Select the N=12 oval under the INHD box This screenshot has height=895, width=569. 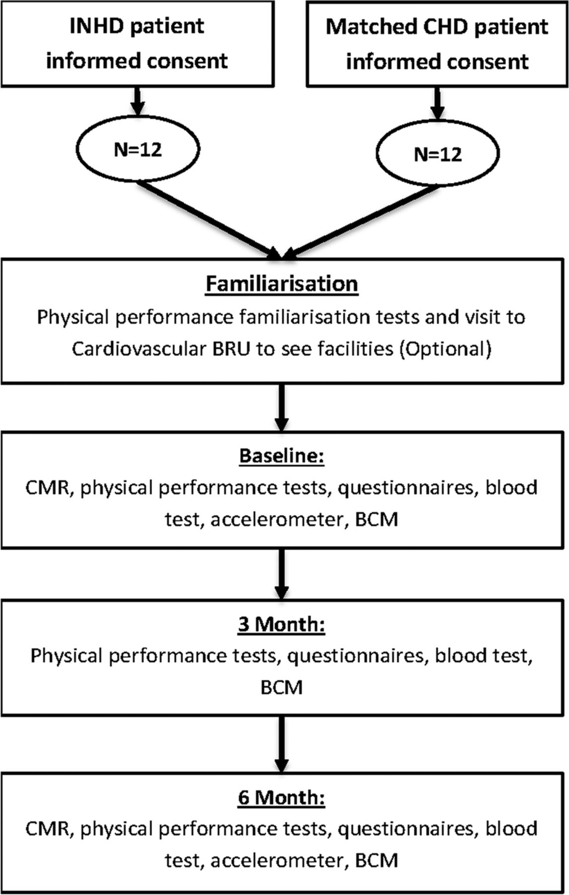138,149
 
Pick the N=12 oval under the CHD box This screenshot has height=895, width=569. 438,154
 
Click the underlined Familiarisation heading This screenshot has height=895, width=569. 282,284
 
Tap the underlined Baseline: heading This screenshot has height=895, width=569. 282,455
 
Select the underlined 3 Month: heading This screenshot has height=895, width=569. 282,624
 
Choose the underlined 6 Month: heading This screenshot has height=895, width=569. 282,797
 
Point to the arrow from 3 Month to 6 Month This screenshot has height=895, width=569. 282,744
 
